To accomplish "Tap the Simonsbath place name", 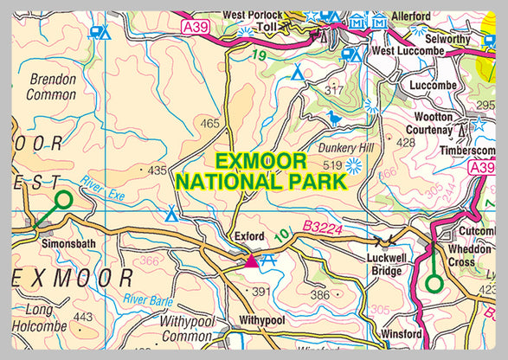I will (x=62, y=244).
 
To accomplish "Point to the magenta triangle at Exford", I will (x=251, y=260).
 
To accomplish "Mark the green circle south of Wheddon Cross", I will (x=434, y=282).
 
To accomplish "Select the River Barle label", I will (x=148, y=300).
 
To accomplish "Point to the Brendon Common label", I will (x=53, y=87).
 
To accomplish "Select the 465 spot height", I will (x=209, y=125).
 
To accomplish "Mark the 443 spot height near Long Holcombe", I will (x=82, y=318).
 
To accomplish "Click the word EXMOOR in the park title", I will (x=260, y=161).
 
